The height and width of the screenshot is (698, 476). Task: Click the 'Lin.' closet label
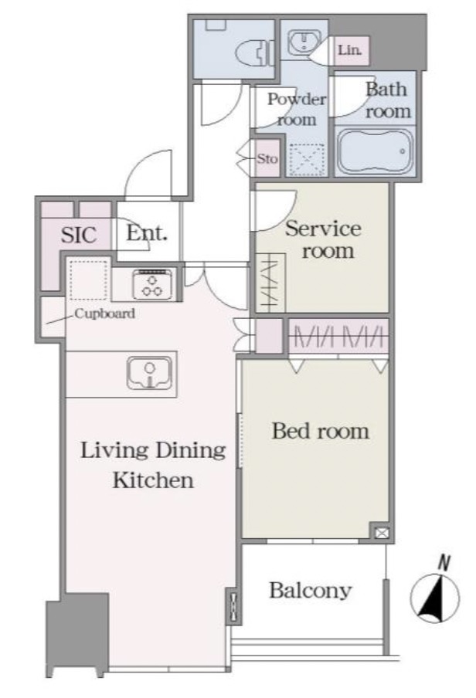(349, 50)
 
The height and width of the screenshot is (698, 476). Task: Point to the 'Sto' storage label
(267, 158)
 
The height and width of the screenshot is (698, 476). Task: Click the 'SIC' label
(79, 235)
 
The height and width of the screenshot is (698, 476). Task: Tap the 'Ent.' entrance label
(147, 233)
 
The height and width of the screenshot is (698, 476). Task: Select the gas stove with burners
(152, 284)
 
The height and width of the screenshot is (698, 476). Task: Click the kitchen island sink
(149, 373)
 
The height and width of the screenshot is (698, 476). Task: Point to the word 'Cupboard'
(105, 313)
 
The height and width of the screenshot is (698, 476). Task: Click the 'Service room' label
(324, 239)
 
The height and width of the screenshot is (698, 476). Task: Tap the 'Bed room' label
(321, 431)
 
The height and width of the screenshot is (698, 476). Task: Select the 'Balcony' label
(310, 590)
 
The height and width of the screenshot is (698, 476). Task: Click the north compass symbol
(434, 598)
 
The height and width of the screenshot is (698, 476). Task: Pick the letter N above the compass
(443, 563)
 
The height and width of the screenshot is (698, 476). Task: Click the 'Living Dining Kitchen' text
(153, 465)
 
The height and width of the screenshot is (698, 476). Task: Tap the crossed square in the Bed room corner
(382, 533)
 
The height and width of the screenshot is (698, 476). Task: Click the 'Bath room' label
(388, 100)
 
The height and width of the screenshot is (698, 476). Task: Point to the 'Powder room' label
(297, 109)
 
